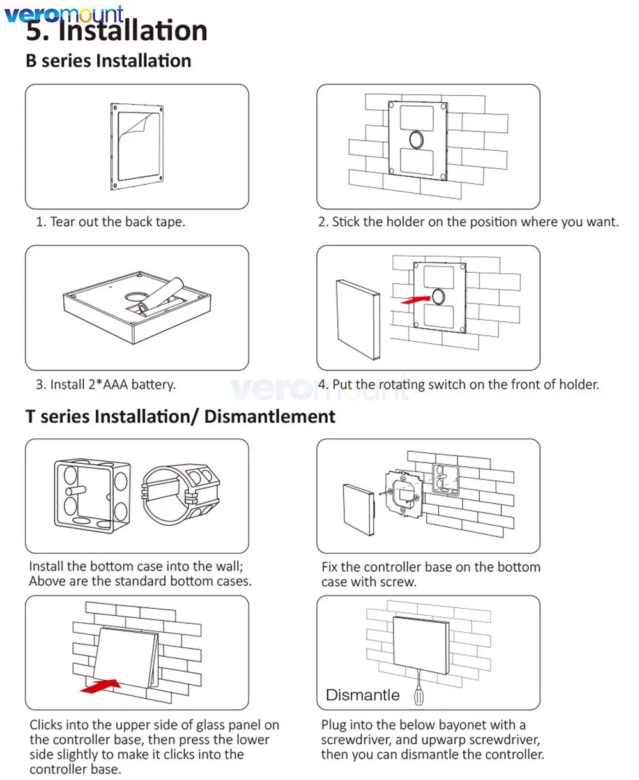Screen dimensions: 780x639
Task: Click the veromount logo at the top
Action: coord(64,13)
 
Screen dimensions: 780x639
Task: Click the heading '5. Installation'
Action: coord(117,31)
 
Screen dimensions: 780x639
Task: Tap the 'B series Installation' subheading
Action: coord(109,61)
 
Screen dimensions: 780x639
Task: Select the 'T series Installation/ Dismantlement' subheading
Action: coord(180,417)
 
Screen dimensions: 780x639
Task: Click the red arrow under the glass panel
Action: coord(101,685)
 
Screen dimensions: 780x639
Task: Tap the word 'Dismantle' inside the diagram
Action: coord(362,695)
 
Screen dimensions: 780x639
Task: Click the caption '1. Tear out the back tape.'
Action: coord(111,222)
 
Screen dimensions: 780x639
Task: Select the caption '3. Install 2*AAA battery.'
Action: coord(105,385)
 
